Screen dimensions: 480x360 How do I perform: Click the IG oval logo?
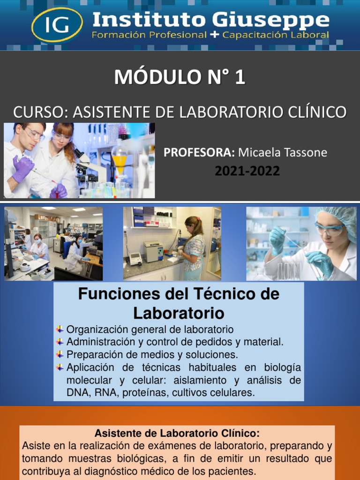(x=57, y=24)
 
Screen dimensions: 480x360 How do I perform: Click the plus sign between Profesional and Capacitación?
(x=214, y=35)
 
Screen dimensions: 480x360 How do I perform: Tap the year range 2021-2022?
(x=247, y=171)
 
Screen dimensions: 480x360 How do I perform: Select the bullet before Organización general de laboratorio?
(x=60, y=329)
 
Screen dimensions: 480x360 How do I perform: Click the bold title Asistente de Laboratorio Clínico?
(x=177, y=433)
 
